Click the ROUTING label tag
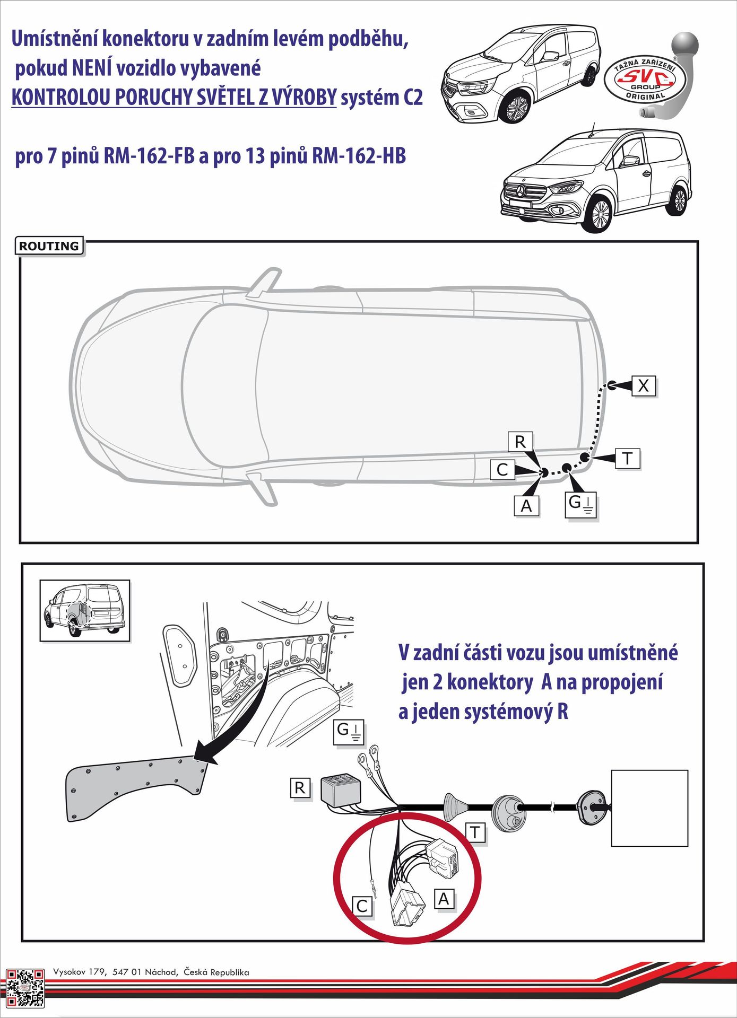[x=49, y=246]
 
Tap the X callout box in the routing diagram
[x=644, y=385]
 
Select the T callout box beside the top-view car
[x=627, y=458]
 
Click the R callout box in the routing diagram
[x=520, y=442]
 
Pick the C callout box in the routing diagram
[x=502, y=470]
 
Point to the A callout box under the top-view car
[x=526, y=506]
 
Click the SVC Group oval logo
[x=645, y=80]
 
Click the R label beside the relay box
[x=300, y=788]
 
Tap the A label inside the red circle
[x=444, y=899]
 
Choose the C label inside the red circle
[x=362, y=906]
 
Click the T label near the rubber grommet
[x=475, y=832]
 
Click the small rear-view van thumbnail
[x=85, y=610]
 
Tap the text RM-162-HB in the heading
[x=359, y=156]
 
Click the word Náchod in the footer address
[x=162, y=972]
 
